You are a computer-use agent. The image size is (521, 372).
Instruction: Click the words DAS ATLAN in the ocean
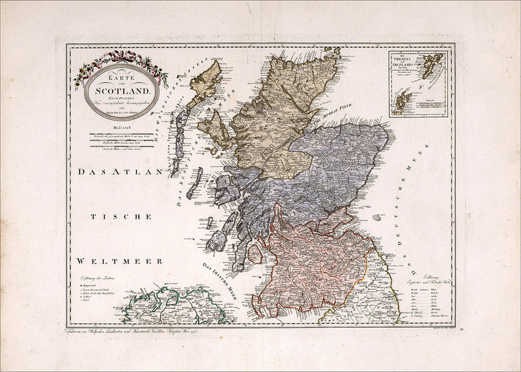(117, 173)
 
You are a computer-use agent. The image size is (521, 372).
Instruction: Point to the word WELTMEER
(106, 260)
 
